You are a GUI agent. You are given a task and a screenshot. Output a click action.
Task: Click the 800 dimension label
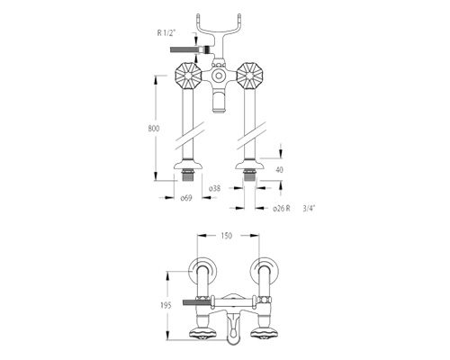(x=154, y=129)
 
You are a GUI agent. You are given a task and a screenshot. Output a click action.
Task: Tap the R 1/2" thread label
(x=166, y=32)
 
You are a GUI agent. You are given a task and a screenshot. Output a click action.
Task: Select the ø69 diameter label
(x=186, y=198)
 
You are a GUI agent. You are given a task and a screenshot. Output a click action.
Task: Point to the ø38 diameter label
(x=214, y=188)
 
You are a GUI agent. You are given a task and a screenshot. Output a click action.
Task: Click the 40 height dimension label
(x=279, y=170)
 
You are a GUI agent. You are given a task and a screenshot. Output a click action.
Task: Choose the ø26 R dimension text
(x=282, y=208)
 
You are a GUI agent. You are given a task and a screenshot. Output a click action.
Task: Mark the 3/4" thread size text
(x=310, y=208)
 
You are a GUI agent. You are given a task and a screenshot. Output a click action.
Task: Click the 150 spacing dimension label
(x=226, y=236)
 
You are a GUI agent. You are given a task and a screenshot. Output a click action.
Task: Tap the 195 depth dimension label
(x=166, y=305)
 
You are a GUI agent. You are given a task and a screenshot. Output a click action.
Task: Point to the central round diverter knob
(x=218, y=75)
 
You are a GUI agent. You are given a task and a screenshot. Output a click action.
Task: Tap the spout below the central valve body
(x=219, y=102)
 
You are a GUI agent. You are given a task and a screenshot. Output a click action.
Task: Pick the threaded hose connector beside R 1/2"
(x=191, y=49)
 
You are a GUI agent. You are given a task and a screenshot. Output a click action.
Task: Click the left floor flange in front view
(x=189, y=166)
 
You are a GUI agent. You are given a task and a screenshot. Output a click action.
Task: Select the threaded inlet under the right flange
(x=249, y=175)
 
